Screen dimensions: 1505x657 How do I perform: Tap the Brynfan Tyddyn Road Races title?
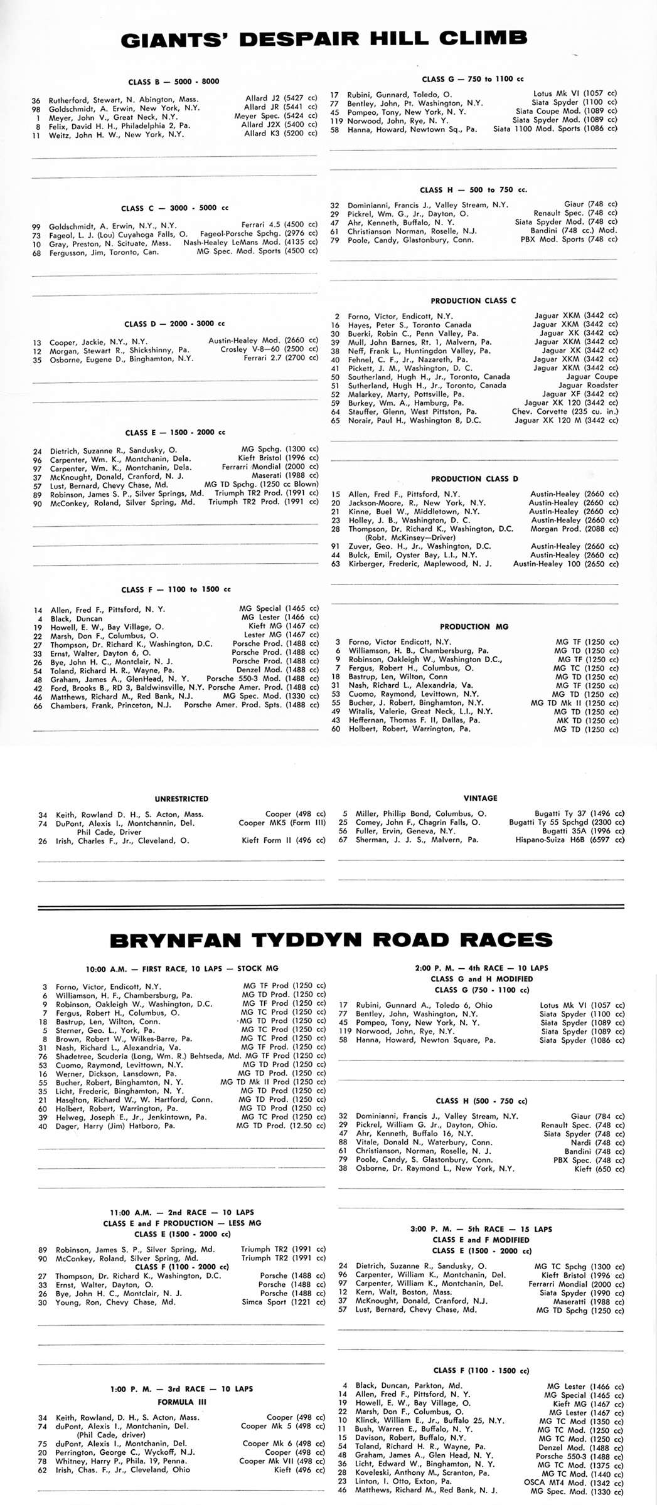point(331,940)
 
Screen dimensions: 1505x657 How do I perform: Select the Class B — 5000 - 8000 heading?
point(174,82)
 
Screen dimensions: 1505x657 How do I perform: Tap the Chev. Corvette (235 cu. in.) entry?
point(565,412)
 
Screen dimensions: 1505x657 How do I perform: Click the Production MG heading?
point(474,626)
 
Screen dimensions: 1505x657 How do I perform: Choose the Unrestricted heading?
point(181,799)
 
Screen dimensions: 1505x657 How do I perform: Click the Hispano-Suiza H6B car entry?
point(570,840)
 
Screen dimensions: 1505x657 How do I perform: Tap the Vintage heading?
point(480,798)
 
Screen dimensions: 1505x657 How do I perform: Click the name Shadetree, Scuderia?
point(94,1056)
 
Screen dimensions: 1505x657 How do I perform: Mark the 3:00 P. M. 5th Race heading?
point(481,1228)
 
